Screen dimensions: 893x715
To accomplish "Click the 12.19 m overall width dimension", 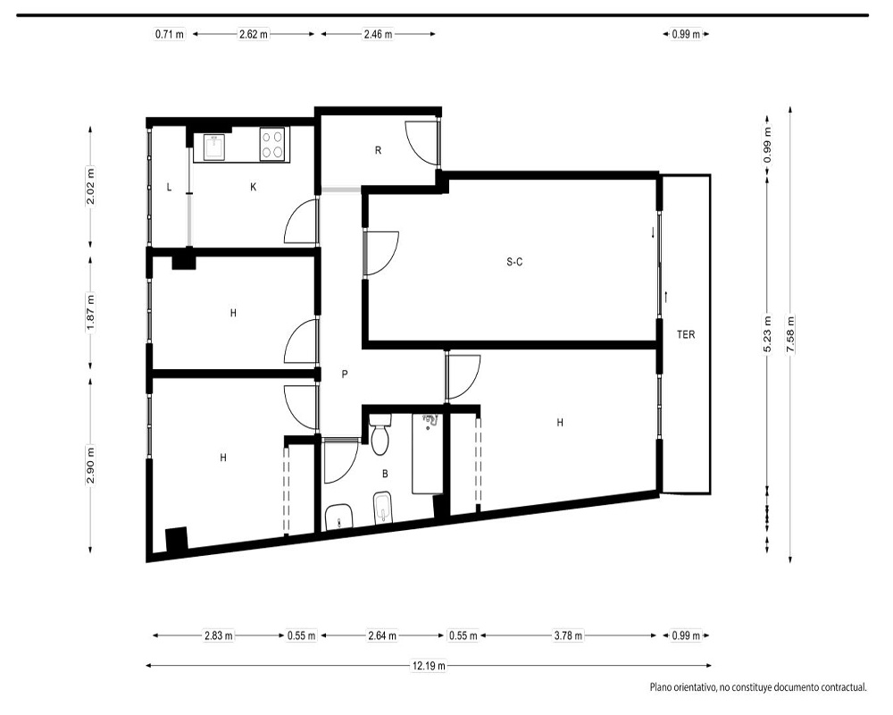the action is (x=429, y=665).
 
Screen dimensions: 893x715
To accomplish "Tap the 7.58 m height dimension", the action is (x=790, y=334).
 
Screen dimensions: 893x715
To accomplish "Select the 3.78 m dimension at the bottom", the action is (x=568, y=635).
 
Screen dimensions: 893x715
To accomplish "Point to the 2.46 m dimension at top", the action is (x=378, y=34).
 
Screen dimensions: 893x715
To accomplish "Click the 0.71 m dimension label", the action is (x=170, y=34).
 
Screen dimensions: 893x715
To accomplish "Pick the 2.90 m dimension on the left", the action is (x=90, y=465).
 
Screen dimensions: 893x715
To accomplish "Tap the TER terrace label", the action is (x=686, y=334).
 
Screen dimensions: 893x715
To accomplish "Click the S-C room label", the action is (x=514, y=262).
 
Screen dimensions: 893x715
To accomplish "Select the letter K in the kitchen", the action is (x=254, y=187).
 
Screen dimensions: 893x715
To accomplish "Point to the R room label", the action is (x=378, y=150).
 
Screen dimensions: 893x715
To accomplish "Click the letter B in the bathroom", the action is (x=385, y=474).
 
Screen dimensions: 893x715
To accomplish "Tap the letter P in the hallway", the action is (x=344, y=374).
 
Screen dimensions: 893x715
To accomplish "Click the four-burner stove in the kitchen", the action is (x=272, y=143).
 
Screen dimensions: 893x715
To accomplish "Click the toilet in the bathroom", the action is (x=380, y=434).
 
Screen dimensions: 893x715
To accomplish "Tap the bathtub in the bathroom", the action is (x=428, y=454).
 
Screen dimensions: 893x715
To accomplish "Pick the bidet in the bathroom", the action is (x=384, y=508).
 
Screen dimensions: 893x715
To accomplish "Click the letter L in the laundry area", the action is (x=169, y=187).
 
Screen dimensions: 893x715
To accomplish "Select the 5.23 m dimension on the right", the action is (x=767, y=334).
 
